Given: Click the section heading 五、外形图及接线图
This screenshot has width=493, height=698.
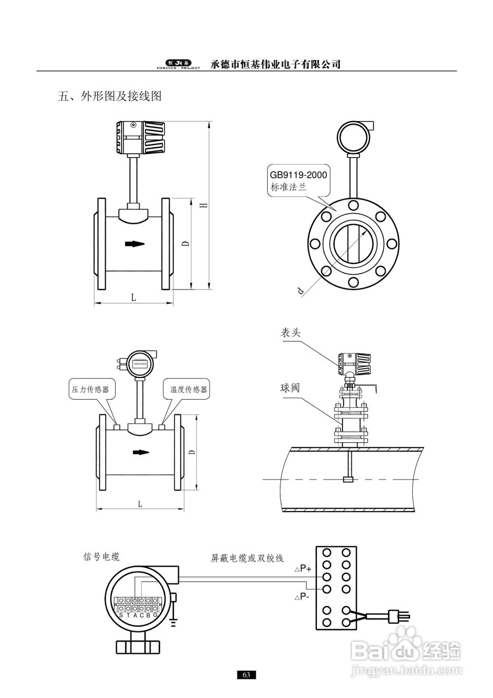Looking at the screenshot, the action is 110,96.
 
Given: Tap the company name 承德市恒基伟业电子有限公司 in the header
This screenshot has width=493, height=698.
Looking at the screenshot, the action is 275,64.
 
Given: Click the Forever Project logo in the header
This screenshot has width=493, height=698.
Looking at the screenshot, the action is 178,64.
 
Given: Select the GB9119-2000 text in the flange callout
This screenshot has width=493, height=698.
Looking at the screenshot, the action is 298,175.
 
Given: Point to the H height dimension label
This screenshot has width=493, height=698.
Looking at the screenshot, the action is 203,206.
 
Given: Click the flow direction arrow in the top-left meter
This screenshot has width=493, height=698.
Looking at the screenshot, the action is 135,244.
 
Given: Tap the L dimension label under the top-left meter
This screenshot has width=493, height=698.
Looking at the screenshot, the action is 134,298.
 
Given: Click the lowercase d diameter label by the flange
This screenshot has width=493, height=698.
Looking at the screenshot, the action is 300,291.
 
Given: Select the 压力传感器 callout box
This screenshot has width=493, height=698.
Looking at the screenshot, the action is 92,389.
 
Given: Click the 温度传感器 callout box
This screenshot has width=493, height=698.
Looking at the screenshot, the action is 187,389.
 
